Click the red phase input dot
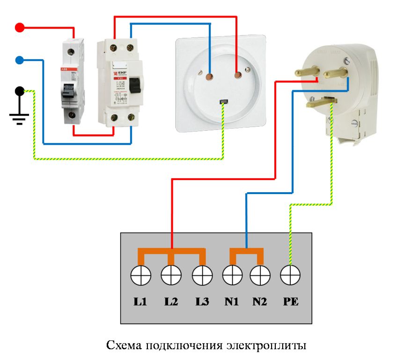[20, 27]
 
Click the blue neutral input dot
[20, 60]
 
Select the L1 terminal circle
[140, 275]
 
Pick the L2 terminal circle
[171, 275]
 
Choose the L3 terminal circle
[202, 275]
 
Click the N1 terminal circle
[232, 275]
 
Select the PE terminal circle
[290, 275]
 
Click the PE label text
[290, 302]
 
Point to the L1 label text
[140, 302]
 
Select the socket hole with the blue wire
[209, 75]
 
